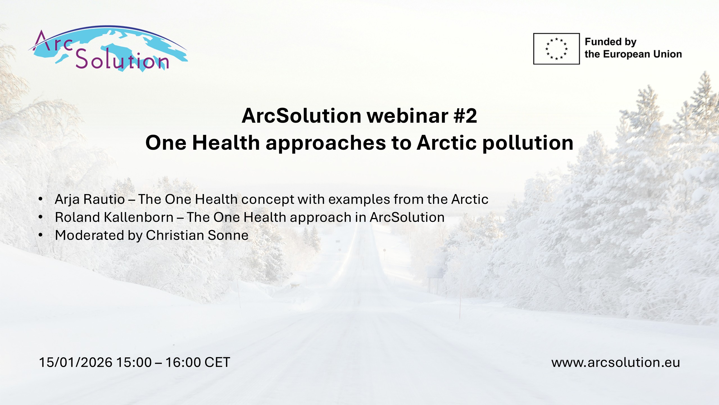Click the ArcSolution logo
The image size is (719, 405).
click(x=108, y=49)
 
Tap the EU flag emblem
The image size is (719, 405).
click(x=556, y=49)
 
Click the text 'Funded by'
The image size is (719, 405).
click(x=611, y=42)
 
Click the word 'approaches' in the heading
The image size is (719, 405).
click(x=326, y=143)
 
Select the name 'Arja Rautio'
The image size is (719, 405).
click(x=90, y=199)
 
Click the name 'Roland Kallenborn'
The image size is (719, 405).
click(x=114, y=217)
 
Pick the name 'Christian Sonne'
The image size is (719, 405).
click(x=197, y=235)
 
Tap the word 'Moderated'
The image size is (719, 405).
click(x=89, y=235)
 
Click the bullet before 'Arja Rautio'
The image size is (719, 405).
click(x=41, y=199)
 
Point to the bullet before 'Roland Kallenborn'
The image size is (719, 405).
click(x=41, y=217)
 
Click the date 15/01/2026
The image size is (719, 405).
click(x=76, y=362)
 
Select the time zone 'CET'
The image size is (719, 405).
click(x=217, y=362)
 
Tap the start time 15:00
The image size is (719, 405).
click(x=134, y=362)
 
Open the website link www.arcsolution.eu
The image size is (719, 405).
click(x=616, y=362)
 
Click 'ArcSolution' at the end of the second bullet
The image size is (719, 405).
click(x=407, y=217)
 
